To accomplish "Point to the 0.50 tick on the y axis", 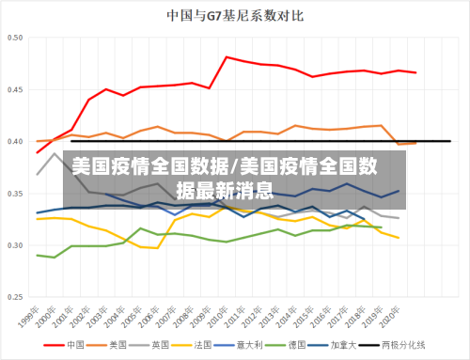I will (17, 38).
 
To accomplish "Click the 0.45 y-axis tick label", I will (17, 89).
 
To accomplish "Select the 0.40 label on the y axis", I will (17, 142).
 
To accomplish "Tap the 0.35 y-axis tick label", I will (17, 194).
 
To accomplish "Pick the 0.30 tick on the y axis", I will (17, 245).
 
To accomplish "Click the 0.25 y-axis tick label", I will (17, 297).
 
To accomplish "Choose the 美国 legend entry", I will (118, 345).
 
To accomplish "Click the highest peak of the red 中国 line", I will (227, 57).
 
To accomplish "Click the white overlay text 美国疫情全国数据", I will (150, 167).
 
